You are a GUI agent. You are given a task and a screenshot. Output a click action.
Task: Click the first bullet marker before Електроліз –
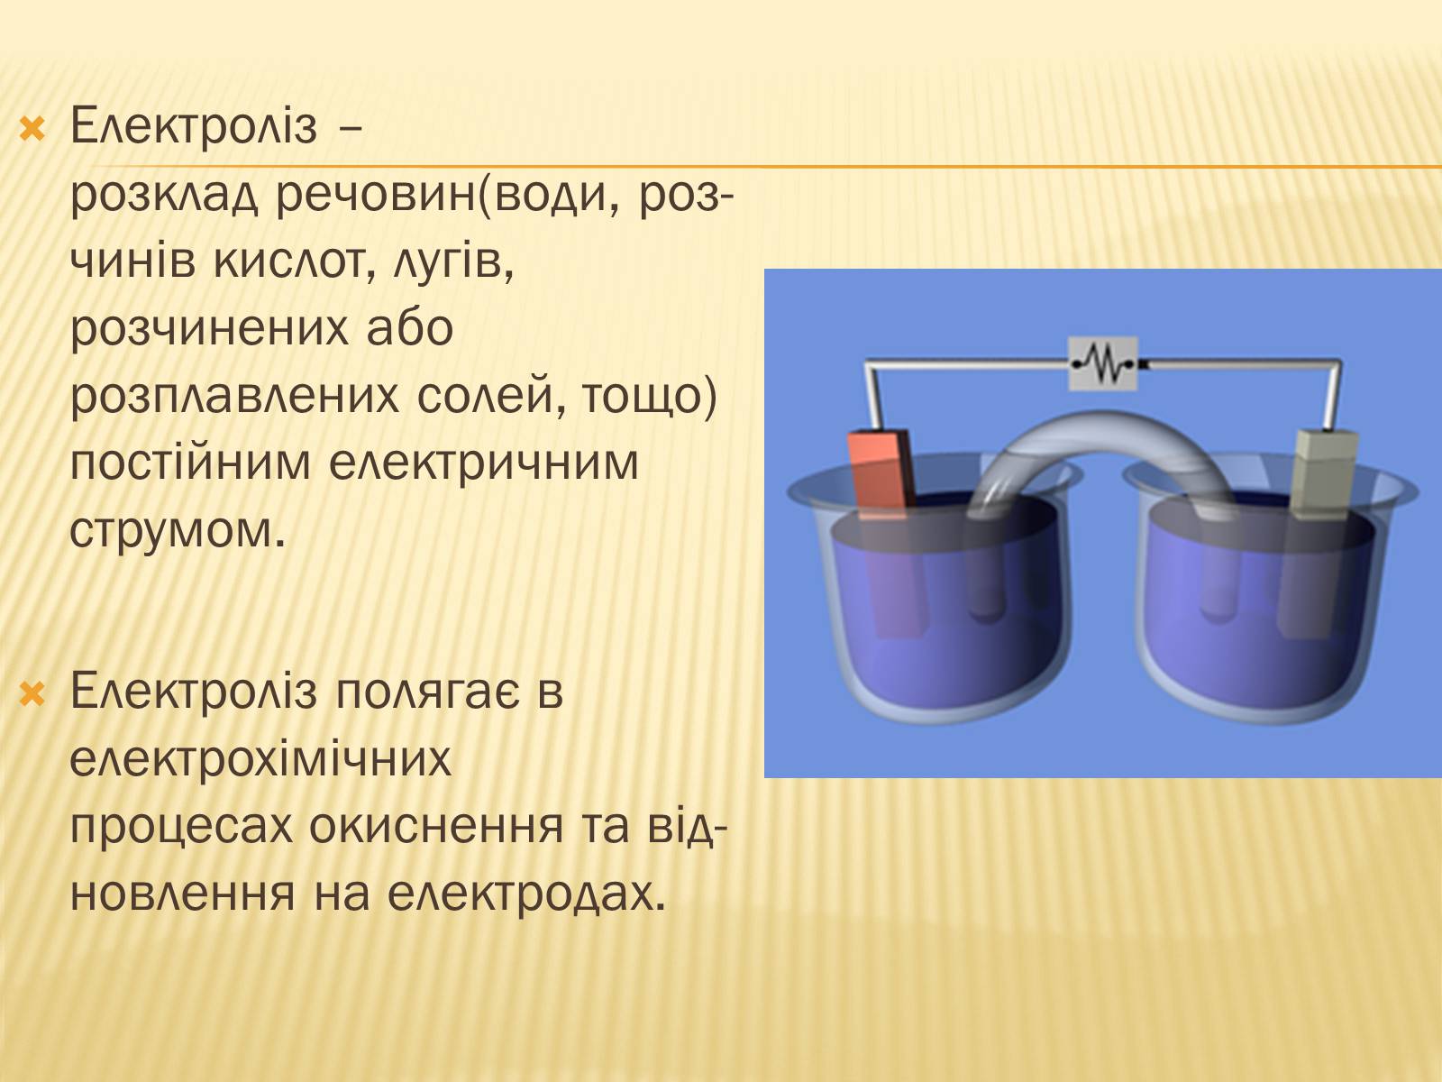(x=32, y=130)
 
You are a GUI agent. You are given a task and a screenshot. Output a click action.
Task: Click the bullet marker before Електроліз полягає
(x=32, y=693)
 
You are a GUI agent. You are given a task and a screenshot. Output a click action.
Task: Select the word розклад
(x=164, y=197)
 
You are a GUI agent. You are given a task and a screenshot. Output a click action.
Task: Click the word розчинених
(x=262, y=330)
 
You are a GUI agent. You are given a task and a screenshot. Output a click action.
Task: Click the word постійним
(x=190, y=463)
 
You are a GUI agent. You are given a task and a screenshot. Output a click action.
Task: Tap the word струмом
(x=178, y=532)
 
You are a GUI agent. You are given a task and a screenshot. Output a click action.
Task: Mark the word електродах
(x=527, y=894)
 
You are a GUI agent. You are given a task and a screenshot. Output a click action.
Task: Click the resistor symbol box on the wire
(x=1103, y=363)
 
